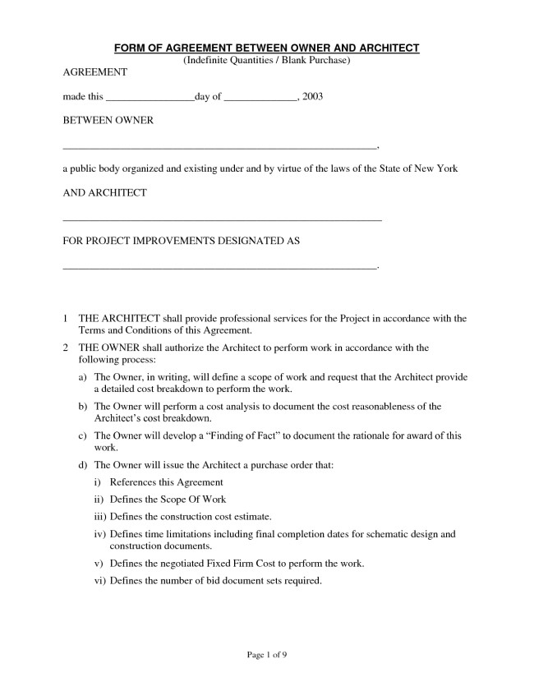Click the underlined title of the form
(266, 49)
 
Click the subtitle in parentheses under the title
(266, 61)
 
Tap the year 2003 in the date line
(312, 97)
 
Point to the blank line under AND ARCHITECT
(222, 220)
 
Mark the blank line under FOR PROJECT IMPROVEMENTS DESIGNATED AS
(219, 268)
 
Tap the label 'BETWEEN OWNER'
(108, 121)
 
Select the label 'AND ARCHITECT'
(105, 193)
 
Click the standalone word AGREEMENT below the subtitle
(95, 73)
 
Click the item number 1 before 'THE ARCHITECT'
(66, 318)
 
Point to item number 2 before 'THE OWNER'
(66, 348)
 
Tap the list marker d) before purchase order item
(82, 466)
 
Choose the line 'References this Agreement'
(166, 482)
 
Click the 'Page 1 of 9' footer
(266, 655)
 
